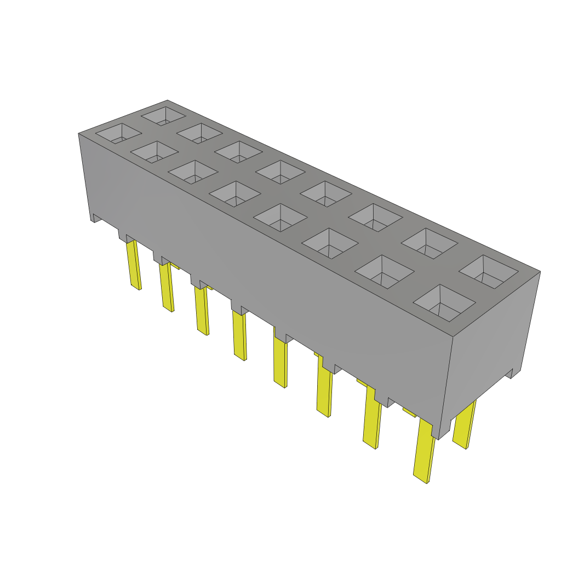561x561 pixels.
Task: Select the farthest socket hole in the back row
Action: [x=164, y=116]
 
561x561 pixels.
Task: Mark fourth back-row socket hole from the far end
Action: [x=279, y=171]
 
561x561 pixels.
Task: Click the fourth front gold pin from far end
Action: [x=239, y=334]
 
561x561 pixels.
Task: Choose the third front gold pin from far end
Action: [x=202, y=310]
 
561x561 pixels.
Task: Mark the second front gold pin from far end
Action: [x=167, y=288]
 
